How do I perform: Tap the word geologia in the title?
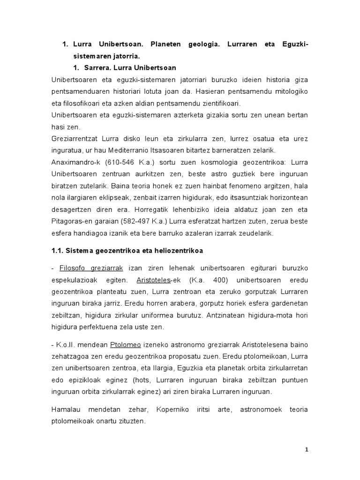[218, 44]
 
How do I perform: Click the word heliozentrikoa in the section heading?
[180, 251]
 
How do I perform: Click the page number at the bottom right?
[306, 450]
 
